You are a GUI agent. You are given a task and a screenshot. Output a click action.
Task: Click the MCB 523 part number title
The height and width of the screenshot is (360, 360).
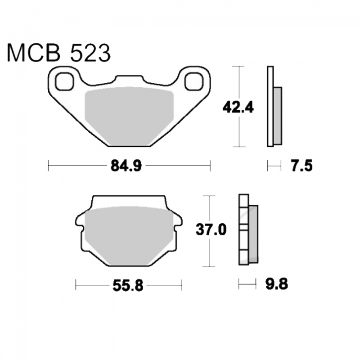(x=59, y=53)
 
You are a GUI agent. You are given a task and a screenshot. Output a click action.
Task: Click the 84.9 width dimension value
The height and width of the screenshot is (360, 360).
(x=126, y=166)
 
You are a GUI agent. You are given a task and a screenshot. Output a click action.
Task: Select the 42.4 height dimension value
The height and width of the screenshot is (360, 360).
(x=238, y=107)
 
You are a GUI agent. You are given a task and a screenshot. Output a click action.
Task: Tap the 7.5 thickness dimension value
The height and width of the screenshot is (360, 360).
(x=302, y=166)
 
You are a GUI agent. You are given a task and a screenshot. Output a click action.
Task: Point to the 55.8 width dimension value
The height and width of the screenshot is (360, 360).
(x=128, y=286)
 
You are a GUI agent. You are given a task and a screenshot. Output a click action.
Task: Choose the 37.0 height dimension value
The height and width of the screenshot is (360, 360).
(x=211, y=229)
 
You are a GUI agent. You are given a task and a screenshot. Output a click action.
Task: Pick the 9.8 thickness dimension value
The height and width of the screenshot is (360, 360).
(x=276, y=284)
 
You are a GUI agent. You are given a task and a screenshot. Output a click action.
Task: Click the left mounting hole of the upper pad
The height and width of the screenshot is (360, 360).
(x=64, y=81)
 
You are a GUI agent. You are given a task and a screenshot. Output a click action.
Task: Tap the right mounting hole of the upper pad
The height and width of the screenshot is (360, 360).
(x=194, y=81)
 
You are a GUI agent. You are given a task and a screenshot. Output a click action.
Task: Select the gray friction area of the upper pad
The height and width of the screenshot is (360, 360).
(x=129, y=116)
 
